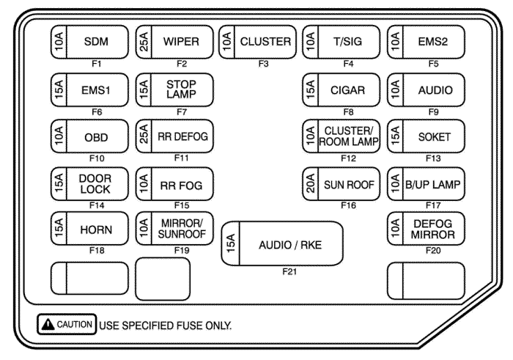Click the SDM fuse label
click(92, 42)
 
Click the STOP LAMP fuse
click(175, 90)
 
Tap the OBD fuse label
click(92, 136)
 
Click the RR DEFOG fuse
click(175, 136)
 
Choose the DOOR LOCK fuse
click(92, 183)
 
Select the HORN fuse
click(92, 229)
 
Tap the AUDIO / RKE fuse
click(283, 244)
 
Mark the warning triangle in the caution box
click(46, 324)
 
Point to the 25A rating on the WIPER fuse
click(142, 42)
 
